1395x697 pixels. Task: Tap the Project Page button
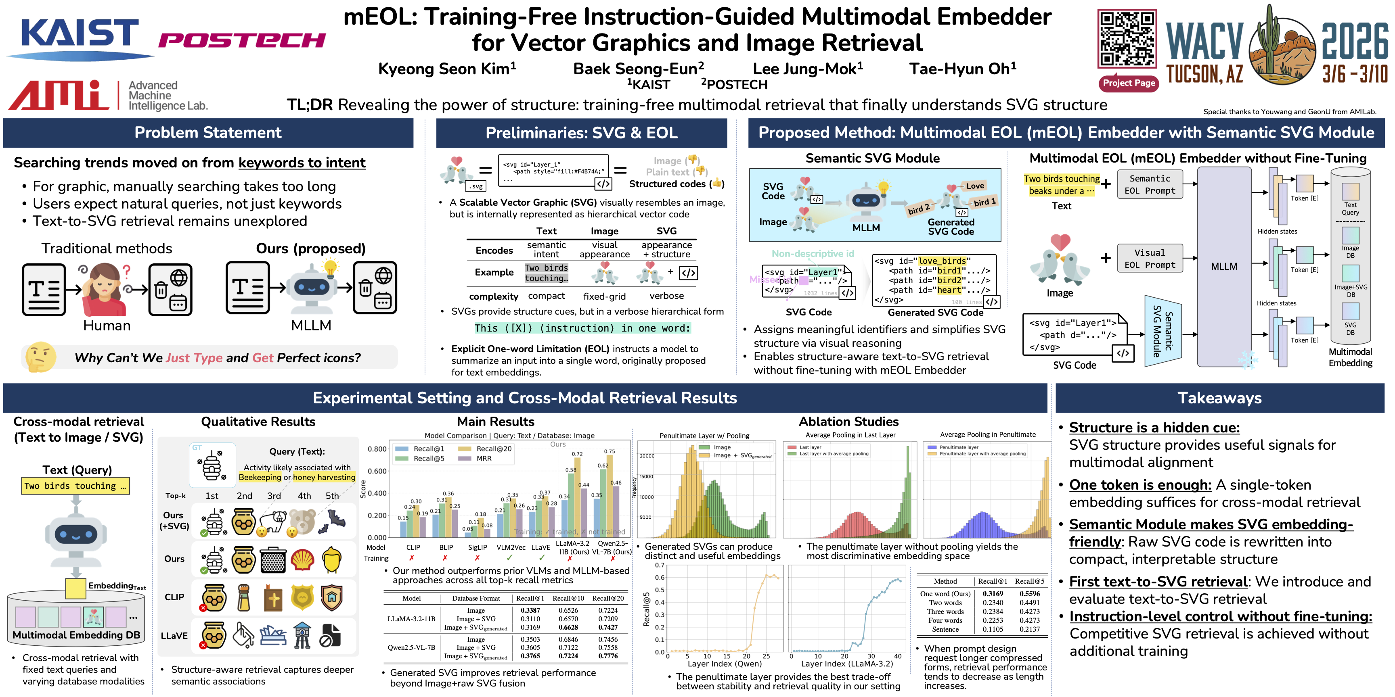(x=1129, y=83)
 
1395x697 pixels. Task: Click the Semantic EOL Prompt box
(x=1149, y=184)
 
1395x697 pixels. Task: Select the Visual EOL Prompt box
(x=1149, y=259)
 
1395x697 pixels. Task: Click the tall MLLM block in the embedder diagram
(x=1224, y=266)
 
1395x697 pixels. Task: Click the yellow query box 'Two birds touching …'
(x=75, y=486)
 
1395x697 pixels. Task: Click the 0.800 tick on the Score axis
(x=377, y=449)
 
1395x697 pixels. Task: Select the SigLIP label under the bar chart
(x=477, y=547)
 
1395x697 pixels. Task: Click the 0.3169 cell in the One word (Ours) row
(x=992, y=594)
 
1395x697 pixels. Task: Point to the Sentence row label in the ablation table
(x=945, y=629)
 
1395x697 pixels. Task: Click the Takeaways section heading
(x=1219, y=398)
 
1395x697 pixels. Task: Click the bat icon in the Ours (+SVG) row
(x=333, y=520)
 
